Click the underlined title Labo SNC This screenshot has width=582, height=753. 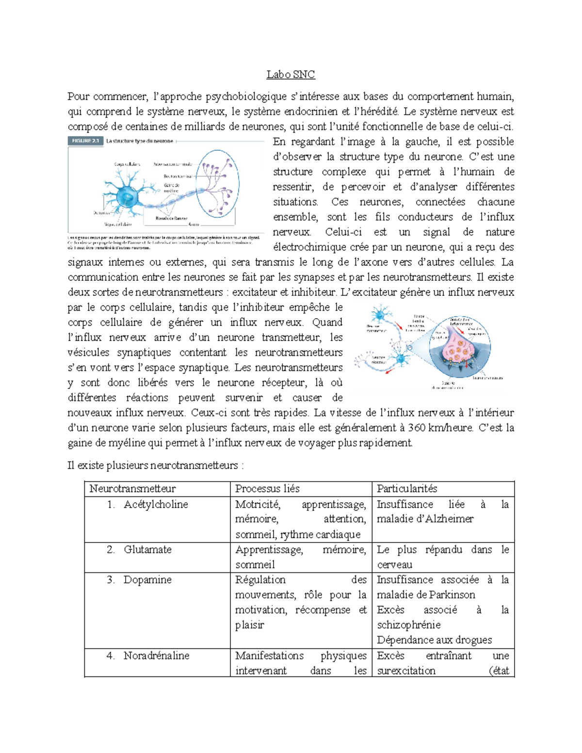291,75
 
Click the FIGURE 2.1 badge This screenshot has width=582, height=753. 85,141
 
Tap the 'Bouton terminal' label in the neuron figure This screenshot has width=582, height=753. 178,176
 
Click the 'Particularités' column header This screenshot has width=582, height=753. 407,489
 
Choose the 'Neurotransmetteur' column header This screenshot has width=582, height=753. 132,489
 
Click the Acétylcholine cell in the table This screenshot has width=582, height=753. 156,504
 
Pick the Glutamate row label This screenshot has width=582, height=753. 147,549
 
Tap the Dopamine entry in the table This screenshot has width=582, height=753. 147,580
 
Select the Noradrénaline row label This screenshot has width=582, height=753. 156,656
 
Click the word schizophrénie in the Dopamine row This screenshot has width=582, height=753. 409,625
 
